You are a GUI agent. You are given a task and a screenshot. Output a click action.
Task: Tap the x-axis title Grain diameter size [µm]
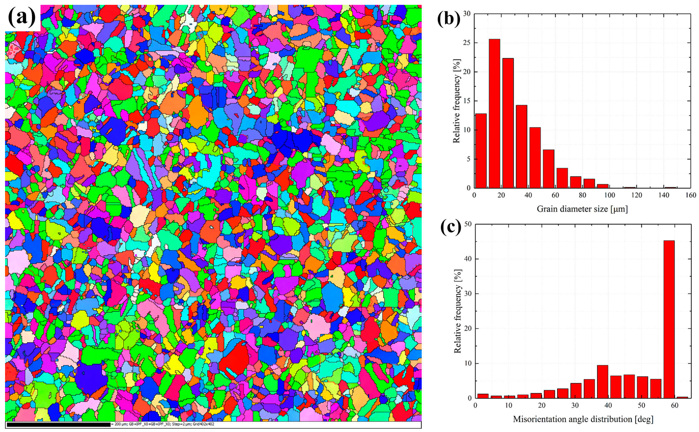[x=582, y=209]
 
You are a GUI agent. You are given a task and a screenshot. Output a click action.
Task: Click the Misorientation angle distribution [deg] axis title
[x=583, y=419]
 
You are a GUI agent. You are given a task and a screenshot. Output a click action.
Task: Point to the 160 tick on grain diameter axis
[x=690, y=195]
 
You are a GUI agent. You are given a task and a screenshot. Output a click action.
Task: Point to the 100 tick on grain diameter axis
[x=609, y=195]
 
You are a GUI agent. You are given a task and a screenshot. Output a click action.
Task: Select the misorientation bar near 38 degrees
[x=602, y=382]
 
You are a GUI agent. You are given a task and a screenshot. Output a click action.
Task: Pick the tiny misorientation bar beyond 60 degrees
[x=682, y=397]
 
